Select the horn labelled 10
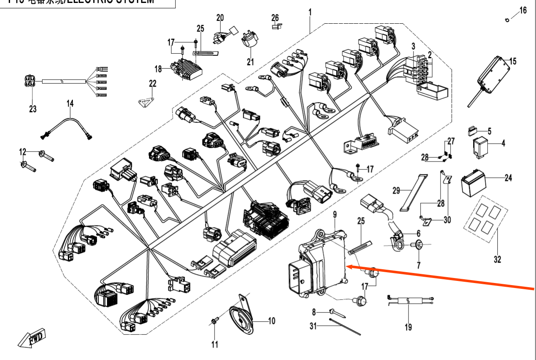[x=242, y=318]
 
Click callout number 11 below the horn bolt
[x=214, y=344]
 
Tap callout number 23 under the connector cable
[x=33, y=109]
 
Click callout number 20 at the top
[x=220, y=17]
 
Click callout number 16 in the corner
[x=523, y=10]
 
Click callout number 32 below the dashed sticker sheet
[x=497, y=260]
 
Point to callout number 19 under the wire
[x=408, y=327]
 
